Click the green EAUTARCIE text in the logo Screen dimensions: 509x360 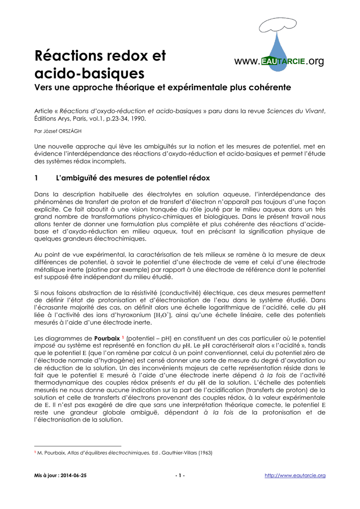coord(283,62)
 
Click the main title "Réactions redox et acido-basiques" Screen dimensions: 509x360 coord(100,65)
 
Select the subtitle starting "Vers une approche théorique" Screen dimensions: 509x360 coord(162,87)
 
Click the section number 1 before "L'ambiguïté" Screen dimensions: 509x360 coord(36,178)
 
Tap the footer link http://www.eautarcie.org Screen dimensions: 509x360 coord(295,476)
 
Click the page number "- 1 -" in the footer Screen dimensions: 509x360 coord(180,476)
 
